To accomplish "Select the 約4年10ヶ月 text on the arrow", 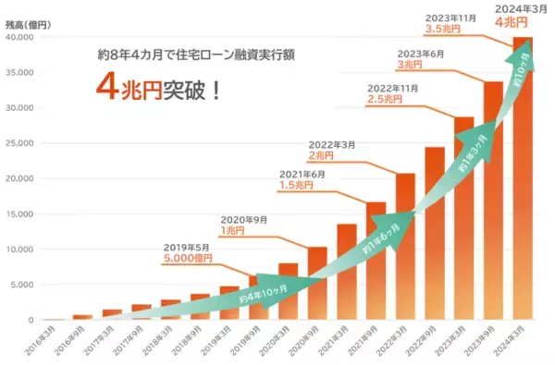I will [x=264, y=298].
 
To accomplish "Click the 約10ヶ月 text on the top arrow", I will [x=522, y=74].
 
